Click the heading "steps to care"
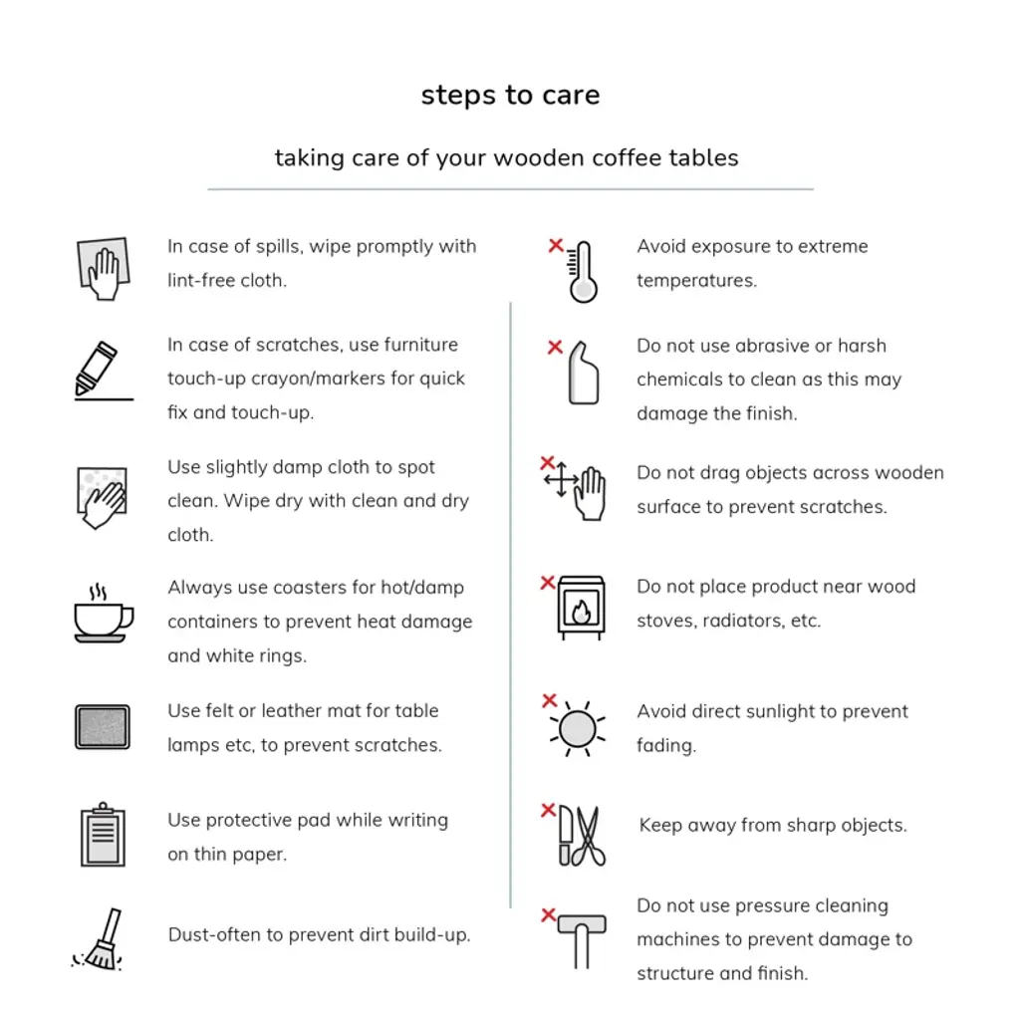(x=510, y=95)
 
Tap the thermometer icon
(x=582, y=272)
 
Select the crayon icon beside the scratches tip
(x=97, y=369)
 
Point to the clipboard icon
(x=103, y=835)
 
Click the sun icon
(x=578, y=729)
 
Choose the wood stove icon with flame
(x=581, y=608)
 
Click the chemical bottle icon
(x=584, y=374)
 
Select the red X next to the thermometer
(x=556, y=245)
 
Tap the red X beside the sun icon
(x=550, y=700)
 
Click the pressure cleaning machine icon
(x=582, y=940)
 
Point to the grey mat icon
(x=103, y=726)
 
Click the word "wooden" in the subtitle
(x=543, y=158)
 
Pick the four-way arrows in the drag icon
(x=561, y=480)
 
